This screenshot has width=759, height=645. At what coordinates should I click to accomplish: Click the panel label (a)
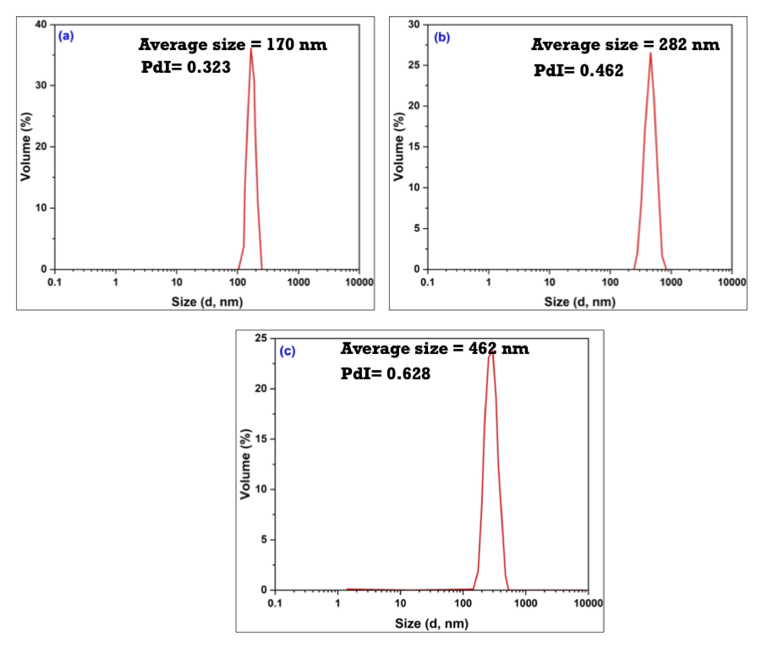coord(66,36)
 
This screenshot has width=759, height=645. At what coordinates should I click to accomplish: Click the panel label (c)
coord(287,351)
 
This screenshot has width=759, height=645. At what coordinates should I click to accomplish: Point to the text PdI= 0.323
coord(186,67)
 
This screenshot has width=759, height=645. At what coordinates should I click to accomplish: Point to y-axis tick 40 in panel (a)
coord(41,25)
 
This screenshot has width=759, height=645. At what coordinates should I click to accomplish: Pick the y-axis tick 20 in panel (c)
coord(261,388)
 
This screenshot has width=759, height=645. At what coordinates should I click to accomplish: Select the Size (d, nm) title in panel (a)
coord(207,302)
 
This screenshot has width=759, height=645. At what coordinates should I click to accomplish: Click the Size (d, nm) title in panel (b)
coord(580,302)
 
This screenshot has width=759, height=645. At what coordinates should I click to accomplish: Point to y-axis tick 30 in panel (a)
coord(41,86)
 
